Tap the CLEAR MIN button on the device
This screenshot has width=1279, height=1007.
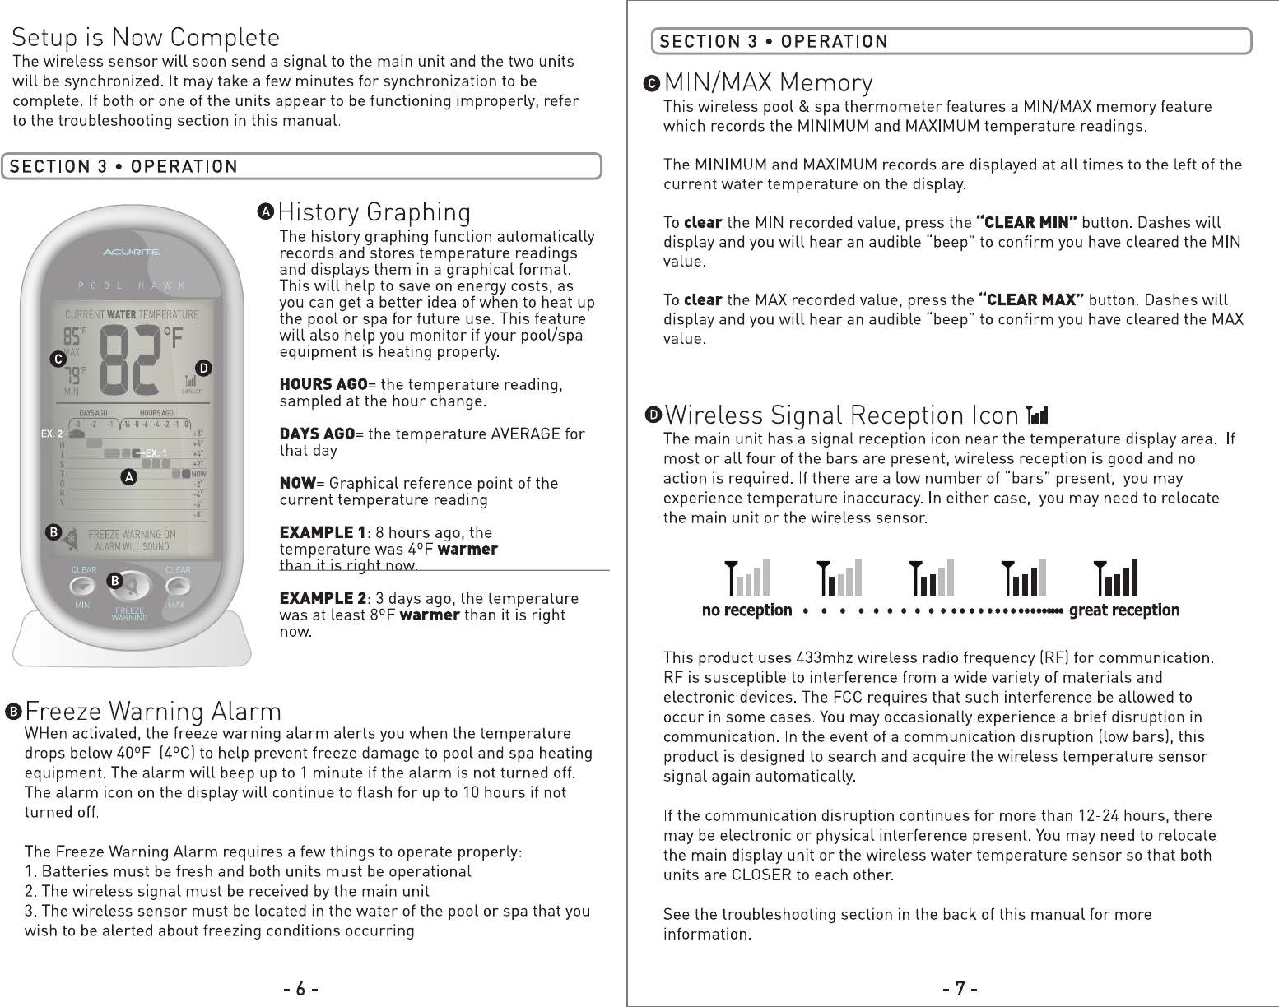(83, 586)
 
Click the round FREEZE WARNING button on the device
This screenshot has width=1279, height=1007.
(135, 586)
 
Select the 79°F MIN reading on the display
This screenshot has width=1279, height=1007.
(74, 377)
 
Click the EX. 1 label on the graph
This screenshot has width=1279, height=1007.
(156, 453)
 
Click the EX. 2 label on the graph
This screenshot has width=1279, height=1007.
(53, 433)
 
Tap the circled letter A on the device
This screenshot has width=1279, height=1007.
(129, 477)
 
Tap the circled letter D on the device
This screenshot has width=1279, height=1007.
(206, 367)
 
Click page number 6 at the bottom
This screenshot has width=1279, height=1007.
(301, 988)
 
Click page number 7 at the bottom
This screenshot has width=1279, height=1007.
(960, 988)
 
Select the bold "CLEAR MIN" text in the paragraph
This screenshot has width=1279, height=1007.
(1026, 223)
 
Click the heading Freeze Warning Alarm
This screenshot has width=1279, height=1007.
(153, 711)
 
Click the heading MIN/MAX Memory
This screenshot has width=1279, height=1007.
(768, 84)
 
